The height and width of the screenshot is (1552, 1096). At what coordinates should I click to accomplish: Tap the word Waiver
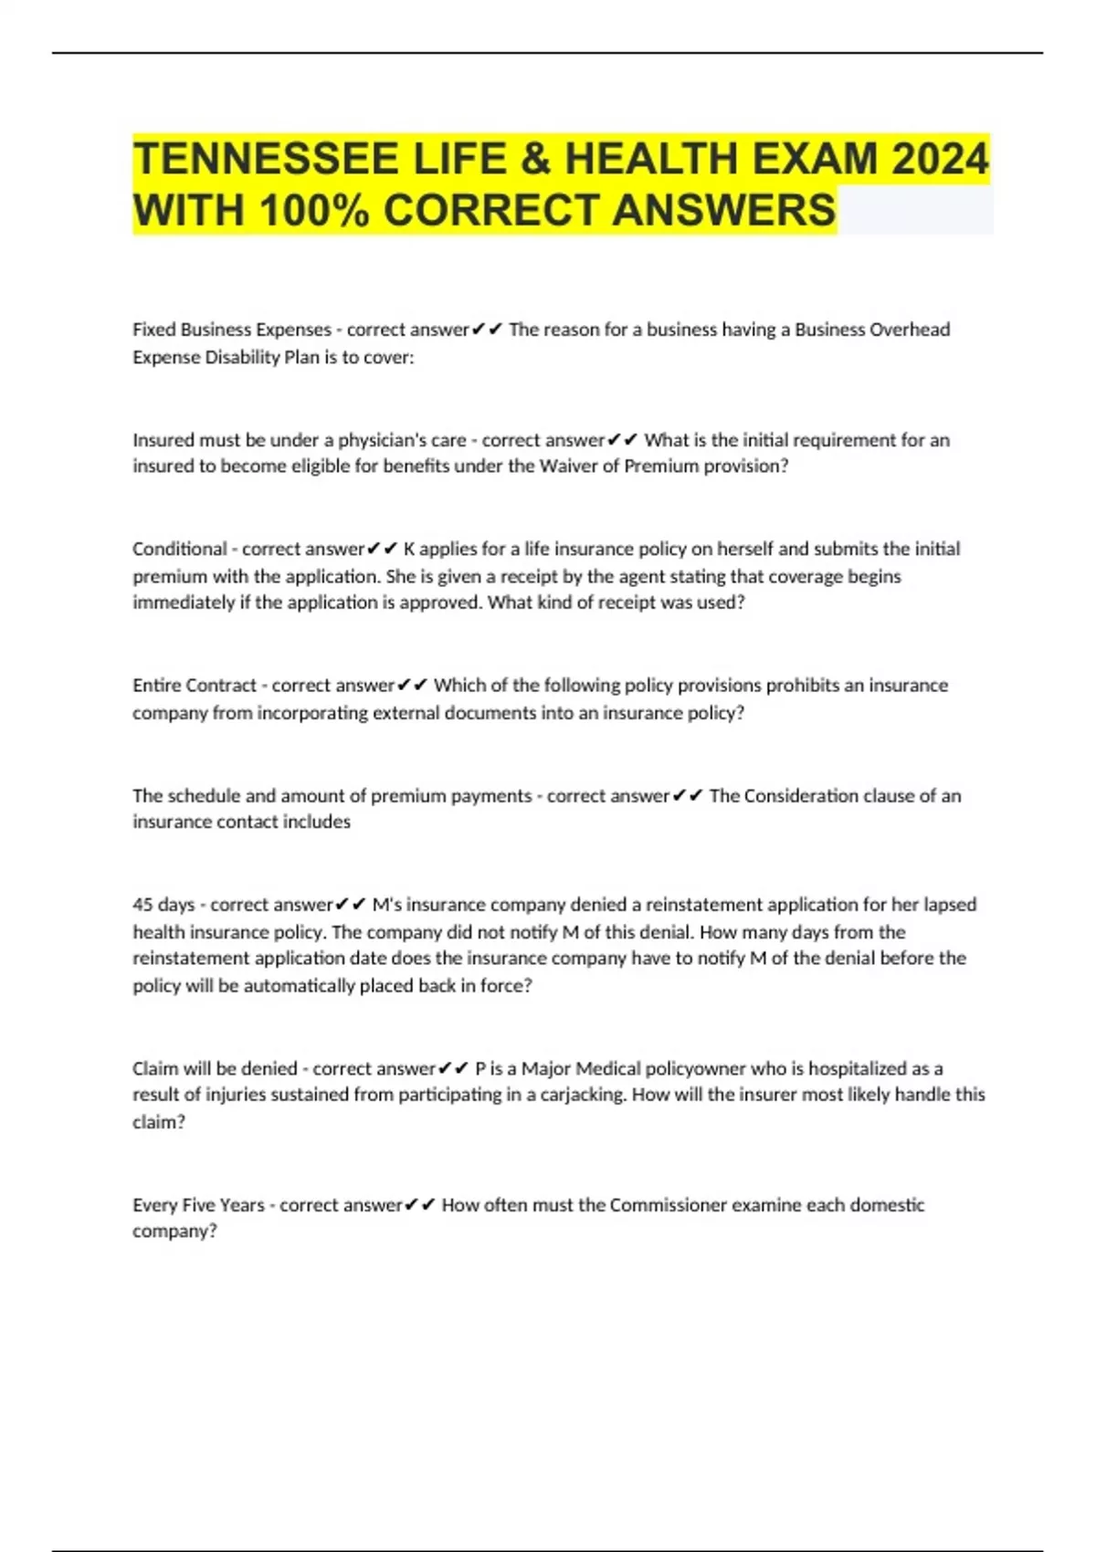(568, 467)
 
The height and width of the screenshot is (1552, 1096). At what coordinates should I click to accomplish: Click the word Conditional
(179, 549)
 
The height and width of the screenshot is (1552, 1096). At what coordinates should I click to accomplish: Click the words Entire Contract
(194, 686)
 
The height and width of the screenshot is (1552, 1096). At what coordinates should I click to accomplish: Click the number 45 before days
(142, 905)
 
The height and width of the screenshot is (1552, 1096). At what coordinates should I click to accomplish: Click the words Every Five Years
(198, 1205)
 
